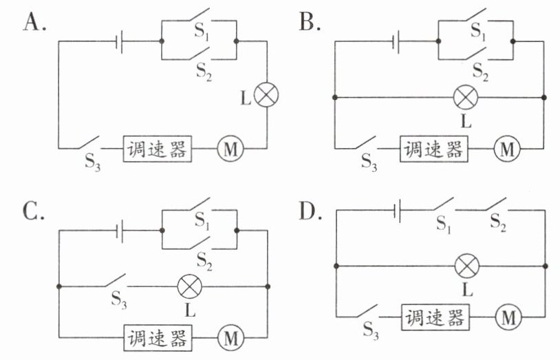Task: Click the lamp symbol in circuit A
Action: coord(266,95)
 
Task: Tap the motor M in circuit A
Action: coord(230,149)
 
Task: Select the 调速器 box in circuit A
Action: coord(158,149)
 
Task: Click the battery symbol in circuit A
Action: coord(120,41)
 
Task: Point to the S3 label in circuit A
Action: coord(92,162)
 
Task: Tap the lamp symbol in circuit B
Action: coord(466,97)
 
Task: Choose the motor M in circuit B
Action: coord(507,149)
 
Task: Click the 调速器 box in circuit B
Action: coord(434,149)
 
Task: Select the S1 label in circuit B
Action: coord(478,31)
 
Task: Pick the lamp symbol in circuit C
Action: coord(190,286)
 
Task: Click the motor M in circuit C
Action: coord(230,338)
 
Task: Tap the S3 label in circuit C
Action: coord(119,299)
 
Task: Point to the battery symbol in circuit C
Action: coord(120,231)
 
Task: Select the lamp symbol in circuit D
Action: coord(467,266)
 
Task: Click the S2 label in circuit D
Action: coord(498,222)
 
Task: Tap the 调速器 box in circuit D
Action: coord(435,317)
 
